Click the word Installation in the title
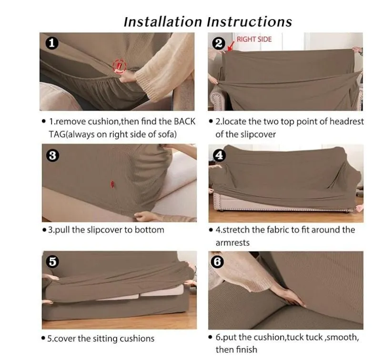click(x=163, y=22)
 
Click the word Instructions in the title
click(x=250, y=22)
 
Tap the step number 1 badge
click(x=51, y=43)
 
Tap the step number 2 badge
click(x=219, y=43)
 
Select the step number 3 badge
click(x=53, y=155)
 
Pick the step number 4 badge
click(x=219, y=155)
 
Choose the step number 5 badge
click(x=52, y=261)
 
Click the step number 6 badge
click(x=217, y=262)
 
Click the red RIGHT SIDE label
click(x=254, y=39)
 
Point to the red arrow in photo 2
click(x=231, y=46)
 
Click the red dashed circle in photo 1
click(x=119, y=66)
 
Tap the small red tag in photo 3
click(x=112, y=184)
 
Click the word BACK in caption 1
click(x=184, y=121)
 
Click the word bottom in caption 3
click(x=150, y=230)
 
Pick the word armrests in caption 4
click(x=232, y=243)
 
